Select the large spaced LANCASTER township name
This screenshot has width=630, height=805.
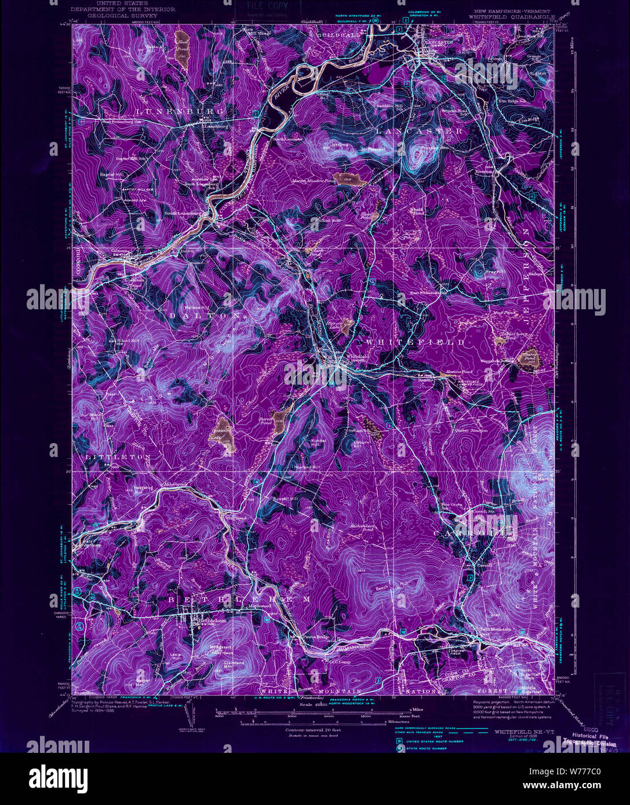[420, 131]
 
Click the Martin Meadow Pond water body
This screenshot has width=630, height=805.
[348, 178]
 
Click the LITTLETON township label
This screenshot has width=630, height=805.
[119, 457]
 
